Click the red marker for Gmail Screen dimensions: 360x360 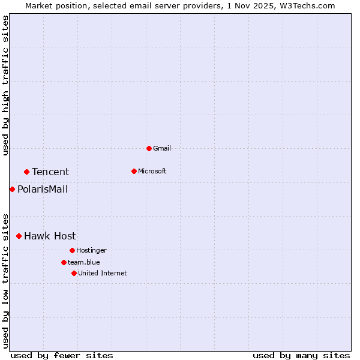point(149,148)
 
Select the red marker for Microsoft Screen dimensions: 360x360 point(134,171)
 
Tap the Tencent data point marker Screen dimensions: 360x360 point(26,172)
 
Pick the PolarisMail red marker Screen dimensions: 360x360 point(12,189)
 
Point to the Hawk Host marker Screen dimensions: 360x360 point(19,236)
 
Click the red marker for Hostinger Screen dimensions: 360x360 point(72,250)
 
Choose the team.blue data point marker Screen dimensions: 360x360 point(64,262)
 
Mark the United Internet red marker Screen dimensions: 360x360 point(74,273)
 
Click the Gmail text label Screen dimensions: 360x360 point(162,148)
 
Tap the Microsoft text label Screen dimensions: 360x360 point(152,171)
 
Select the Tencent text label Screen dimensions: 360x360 point(50,172)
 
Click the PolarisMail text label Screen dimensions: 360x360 point(43,189)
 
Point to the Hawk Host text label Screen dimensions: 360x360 point(50,236)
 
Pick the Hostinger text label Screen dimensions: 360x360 point(91,250)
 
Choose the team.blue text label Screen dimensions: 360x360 point(84,262)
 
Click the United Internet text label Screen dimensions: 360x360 point(103,273)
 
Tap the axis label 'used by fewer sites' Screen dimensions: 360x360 point(62,355)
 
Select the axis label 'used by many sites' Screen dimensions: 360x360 point(301,355)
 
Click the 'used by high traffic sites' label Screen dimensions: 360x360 point(6,85)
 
